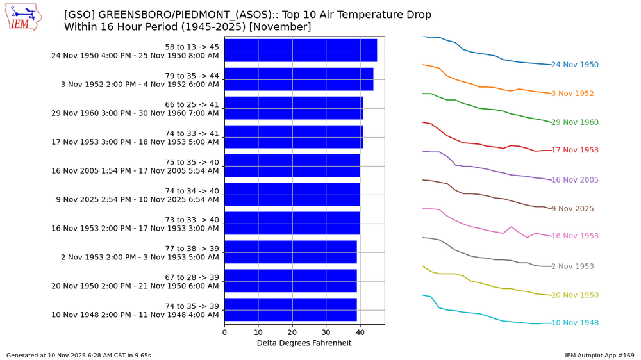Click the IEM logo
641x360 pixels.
click(x=23, y=17)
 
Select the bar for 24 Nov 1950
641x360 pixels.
click(x=301, y=51)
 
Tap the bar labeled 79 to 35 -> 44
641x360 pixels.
click(x=299, y=79)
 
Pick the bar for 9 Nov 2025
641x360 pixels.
click(x=292, y=195)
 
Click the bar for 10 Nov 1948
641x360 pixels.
click(x=290, y=310)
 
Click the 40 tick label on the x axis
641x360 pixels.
click(x=360, y=332)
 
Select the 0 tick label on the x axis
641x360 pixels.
click(x=224, y=332)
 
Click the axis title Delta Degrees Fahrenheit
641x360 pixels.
click(x=304, y=343)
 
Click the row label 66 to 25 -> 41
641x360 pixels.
click(x=192, y=104)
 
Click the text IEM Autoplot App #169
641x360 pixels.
click(x=599, y=355)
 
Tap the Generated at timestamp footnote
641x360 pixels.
click(x=79, y=355)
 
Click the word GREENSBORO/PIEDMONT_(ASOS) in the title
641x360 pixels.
click(x=183, y=15)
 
